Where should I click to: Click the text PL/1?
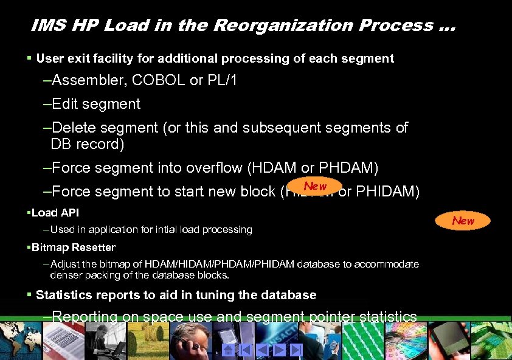[x=222, y=80]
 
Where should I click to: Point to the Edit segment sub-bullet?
[x=92, y=104]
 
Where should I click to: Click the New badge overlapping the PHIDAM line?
[x=315, y=186]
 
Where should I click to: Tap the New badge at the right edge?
[x=463, y=221]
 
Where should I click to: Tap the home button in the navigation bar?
[x=228, y=350]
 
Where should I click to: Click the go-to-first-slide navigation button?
[x=245, y=350]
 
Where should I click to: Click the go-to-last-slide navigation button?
[x=296, y=350]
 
